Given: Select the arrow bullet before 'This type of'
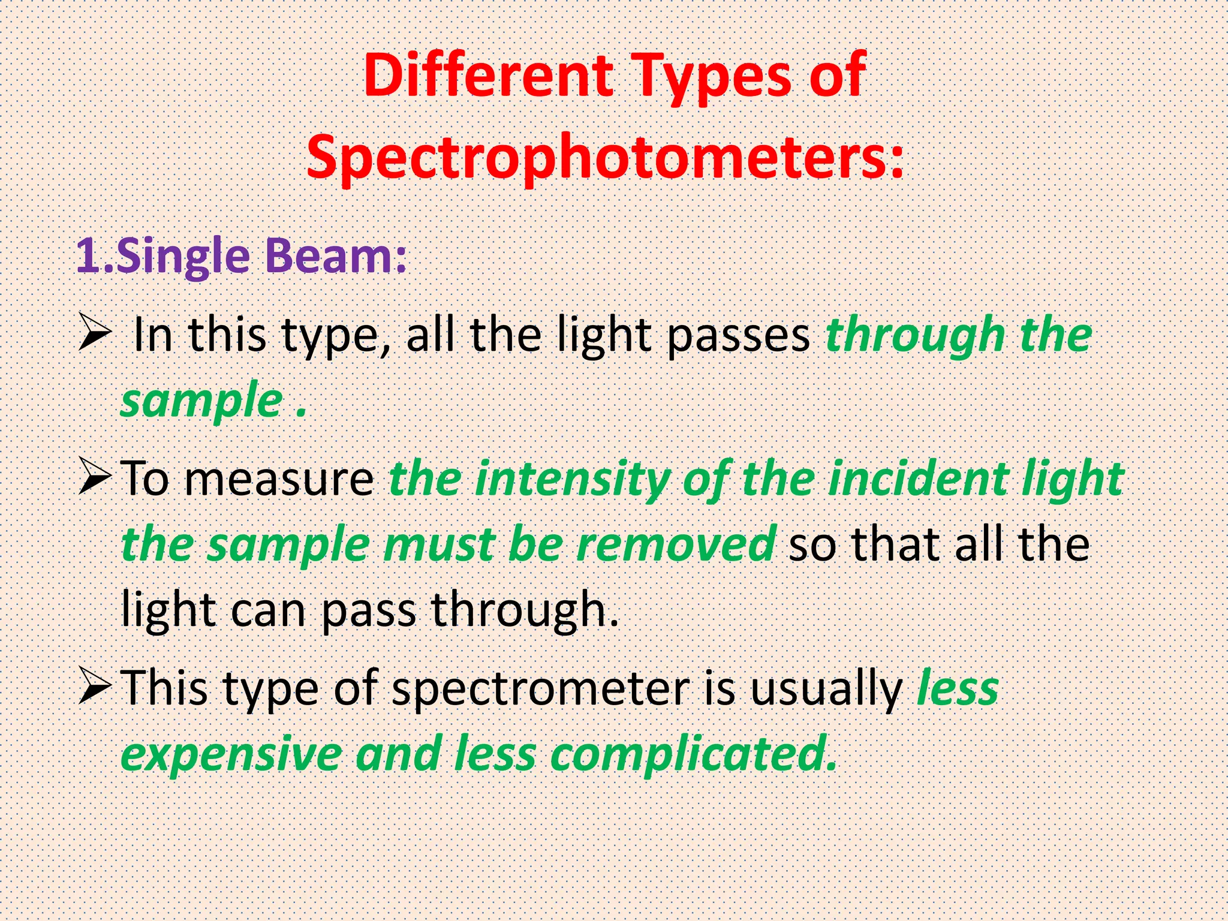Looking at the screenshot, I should coord(95,688).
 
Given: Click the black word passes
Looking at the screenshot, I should coord(738,336).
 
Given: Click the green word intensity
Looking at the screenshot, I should coord(572,480).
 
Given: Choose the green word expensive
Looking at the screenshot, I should coord(231,754).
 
